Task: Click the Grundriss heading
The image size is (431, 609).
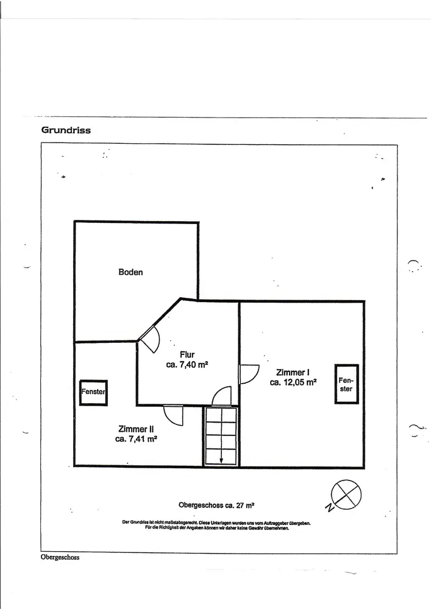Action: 66,130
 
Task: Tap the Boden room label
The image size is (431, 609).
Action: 130,272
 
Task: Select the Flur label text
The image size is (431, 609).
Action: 187,354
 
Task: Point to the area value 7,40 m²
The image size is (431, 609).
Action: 187,365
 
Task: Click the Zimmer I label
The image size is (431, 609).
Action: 293,372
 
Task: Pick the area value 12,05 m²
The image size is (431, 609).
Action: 293,382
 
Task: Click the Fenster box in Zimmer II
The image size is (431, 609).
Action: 93,392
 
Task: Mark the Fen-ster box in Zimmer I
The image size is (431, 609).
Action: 346,384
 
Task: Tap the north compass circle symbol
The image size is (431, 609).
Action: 346,493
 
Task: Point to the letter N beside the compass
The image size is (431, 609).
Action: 329,507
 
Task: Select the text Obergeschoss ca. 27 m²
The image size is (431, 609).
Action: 216,505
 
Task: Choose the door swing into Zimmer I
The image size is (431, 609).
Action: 249,374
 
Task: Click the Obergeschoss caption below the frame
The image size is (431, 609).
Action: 60,557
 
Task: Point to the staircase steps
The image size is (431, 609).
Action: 221,435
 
